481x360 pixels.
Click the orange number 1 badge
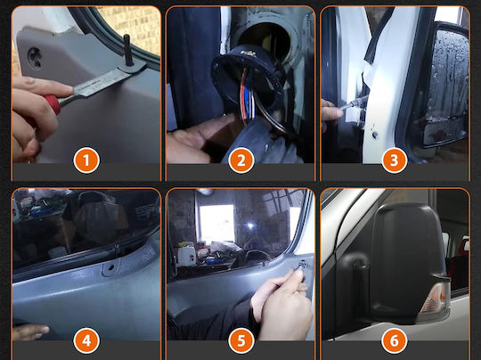(86, 160)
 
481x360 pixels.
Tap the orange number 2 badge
(241, 160)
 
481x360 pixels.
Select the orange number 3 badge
(395, 160)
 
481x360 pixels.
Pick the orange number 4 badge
(86, 340)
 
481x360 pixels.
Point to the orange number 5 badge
(241, 340)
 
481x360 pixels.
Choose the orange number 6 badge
(395, 340)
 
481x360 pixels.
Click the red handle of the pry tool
(53, 103)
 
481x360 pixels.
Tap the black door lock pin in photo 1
(127, 50)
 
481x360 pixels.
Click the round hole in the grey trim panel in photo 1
(35, 57)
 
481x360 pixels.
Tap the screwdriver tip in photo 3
(366, 97)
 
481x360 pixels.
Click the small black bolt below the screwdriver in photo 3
(374, 135)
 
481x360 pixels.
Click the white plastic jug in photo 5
(186, 255)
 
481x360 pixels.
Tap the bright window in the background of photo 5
(216, 223)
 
